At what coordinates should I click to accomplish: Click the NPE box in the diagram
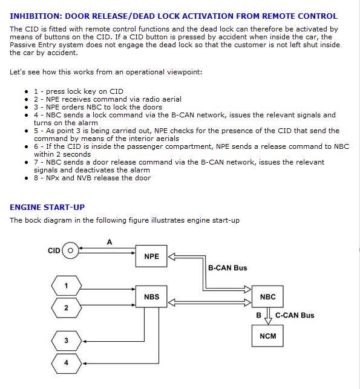[151, 256]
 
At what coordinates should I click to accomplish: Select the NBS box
[151, 296]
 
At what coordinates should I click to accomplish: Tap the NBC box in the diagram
[267, 296]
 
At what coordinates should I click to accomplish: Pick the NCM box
[267, 336]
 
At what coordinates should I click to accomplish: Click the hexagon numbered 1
[66, 286]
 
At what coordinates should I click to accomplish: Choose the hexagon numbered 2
[66, 308]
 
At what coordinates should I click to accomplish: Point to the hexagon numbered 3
[66, 341]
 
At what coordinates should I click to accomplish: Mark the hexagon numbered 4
[66, 363]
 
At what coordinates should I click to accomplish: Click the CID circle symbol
[70, 250]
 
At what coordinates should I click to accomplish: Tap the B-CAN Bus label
[227, 268]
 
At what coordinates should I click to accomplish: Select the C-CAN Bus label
[295, 315]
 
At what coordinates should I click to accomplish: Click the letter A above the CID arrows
[110, 242]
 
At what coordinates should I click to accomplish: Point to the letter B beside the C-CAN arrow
[258, 315]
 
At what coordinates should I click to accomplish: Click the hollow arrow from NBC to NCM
[268, 316]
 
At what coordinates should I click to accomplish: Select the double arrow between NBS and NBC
[210, 302]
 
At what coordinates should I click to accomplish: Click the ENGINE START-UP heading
[47, 207]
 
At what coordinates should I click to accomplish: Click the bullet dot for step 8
[27, 178]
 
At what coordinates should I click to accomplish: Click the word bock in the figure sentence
[33, 220]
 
